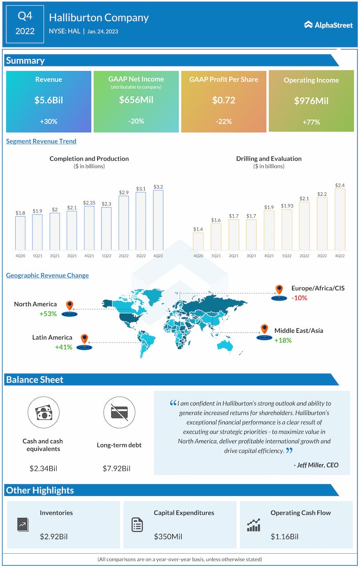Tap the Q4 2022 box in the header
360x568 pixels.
pos(25,24)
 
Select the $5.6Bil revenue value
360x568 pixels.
pos(49,100)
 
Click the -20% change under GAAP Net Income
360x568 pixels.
pos(136,121)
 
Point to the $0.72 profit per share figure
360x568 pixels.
pos(224,100)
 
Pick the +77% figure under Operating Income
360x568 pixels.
pos(311,122)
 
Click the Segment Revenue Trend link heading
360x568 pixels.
pos(41,141)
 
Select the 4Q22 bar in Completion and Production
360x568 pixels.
pos(158,219)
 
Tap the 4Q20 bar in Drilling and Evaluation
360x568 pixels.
pos(198,241)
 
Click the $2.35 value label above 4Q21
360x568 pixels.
pos(89,202)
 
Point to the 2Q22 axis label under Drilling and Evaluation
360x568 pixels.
pos(305,256)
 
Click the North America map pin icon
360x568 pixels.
pos(69,306)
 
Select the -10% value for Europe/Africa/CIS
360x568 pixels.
pos(299,298)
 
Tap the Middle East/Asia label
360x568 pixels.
pos(299,331)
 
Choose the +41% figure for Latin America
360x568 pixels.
pos(63,347)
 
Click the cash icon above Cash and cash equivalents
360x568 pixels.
pos(44,413)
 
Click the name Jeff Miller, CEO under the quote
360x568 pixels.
pos(316,465)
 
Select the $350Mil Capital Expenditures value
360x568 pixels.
pos(168,536)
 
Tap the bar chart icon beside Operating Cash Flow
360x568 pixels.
pos(253,525)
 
